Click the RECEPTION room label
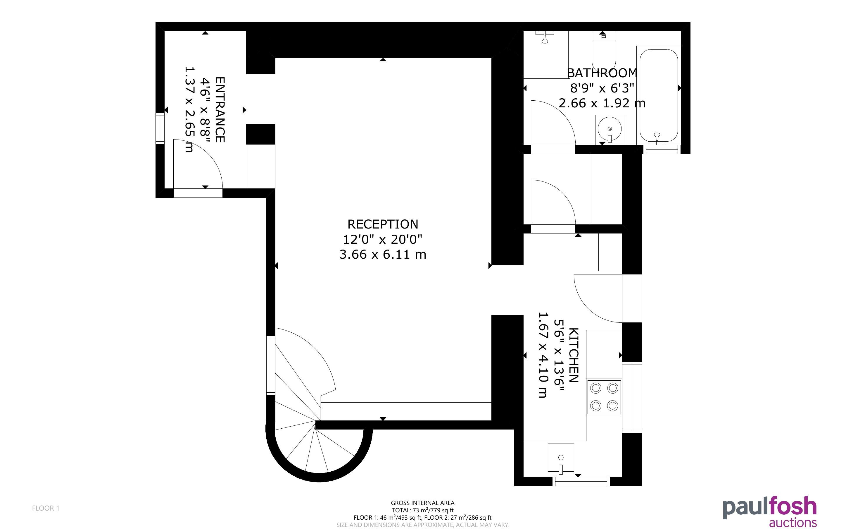[383, 224]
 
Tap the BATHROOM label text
[602, 73]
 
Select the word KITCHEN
[574, 355]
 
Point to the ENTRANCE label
[220, 109]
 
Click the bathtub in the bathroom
[658, 96]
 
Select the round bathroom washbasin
[610, 129]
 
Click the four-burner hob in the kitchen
[604, 397]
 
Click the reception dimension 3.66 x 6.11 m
[383, 254]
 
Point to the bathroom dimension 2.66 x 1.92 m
[602, 103]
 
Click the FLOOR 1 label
[46, 508]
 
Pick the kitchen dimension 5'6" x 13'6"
[559, 355]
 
